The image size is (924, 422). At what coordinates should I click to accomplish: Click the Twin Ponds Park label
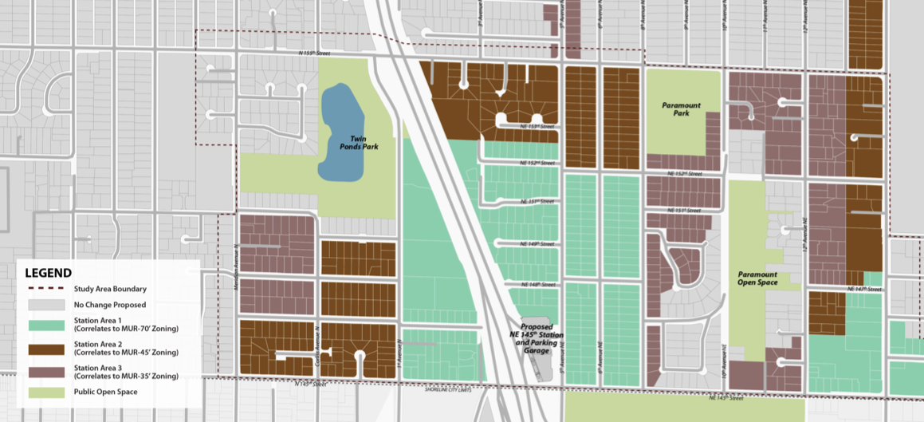click(363, 142)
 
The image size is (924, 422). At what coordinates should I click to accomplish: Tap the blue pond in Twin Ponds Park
click(340, 132)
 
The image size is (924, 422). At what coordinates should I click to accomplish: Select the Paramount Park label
click(682, 108)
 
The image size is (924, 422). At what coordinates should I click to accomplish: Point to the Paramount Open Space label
click(757, 278)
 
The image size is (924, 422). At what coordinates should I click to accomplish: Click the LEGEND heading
click(49, 273)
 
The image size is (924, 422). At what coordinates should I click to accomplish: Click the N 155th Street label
click(312, 53)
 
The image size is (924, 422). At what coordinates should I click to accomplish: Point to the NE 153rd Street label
click(537, 126)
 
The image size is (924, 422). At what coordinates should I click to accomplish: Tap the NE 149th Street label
click(537, 243)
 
